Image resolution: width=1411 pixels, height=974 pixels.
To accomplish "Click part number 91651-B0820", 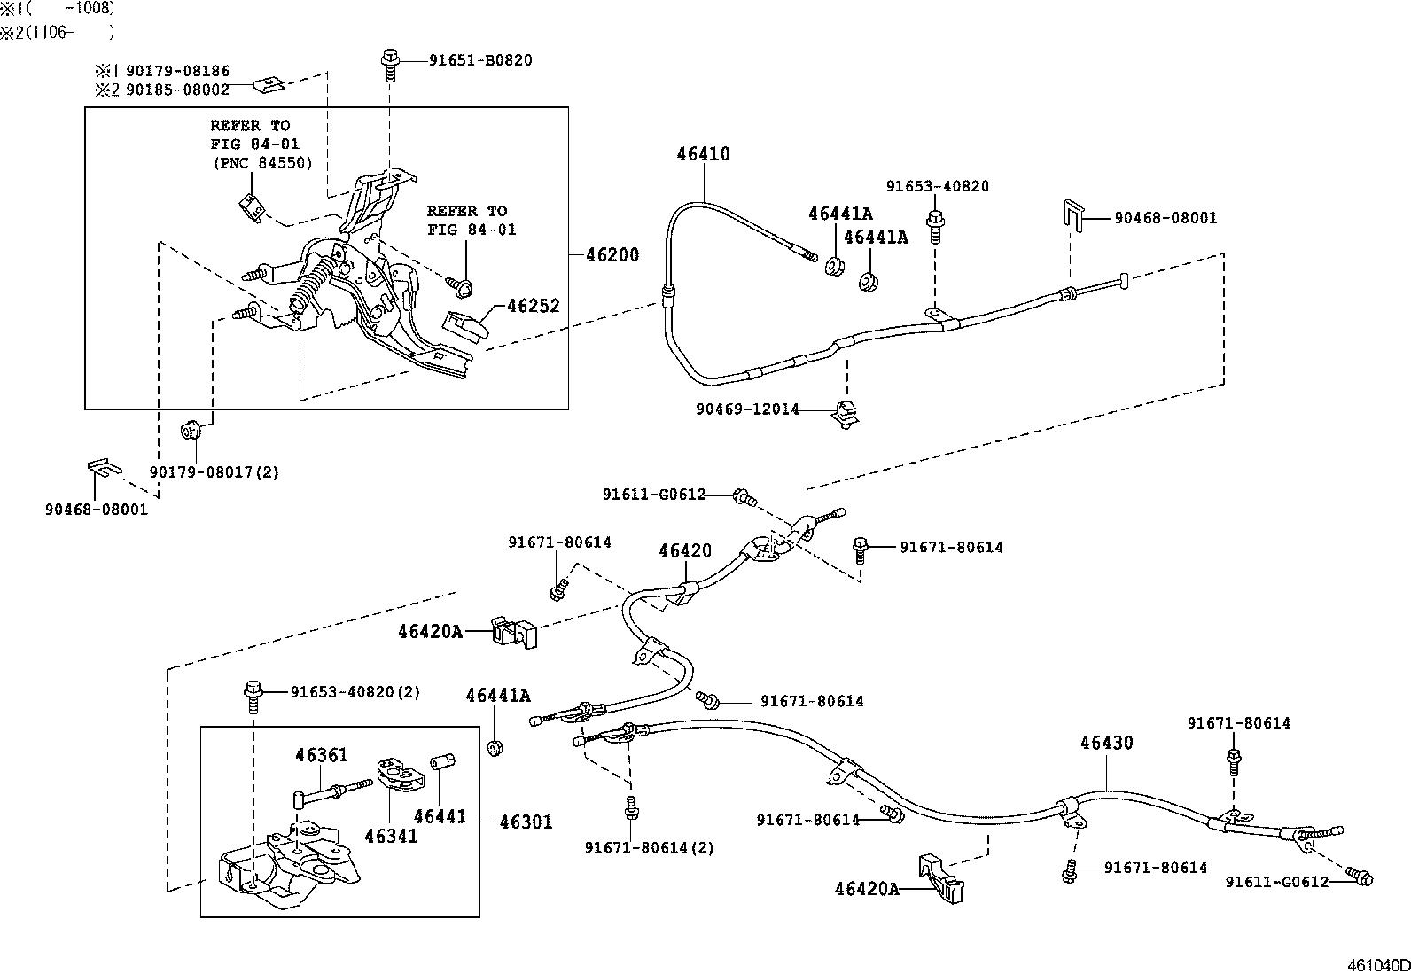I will pos(480,60).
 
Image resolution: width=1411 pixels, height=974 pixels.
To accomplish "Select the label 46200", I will pos(612,256).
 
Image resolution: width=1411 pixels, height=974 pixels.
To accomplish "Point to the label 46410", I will pos(703,154).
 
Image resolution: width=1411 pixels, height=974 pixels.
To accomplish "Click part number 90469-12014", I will pos(747,409).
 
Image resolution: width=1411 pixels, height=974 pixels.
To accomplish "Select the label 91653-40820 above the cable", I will pos(937,187).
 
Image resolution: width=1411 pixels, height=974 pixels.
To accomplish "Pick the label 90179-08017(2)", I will pos(214,472).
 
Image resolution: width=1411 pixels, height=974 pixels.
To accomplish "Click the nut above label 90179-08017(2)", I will pos(191,432).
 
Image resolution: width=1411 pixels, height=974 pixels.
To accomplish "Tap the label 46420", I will pos(684,551).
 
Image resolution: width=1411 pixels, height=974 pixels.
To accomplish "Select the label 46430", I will pos(1106,744).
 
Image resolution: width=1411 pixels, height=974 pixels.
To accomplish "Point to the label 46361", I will pos(322,756).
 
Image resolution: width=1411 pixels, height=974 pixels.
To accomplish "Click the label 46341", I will pos(391,836).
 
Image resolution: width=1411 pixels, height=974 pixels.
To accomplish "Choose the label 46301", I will pos(526,822).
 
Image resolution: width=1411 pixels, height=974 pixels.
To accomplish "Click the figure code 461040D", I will pos(1378,964).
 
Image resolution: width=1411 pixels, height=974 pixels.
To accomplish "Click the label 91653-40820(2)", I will pos(355,692).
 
